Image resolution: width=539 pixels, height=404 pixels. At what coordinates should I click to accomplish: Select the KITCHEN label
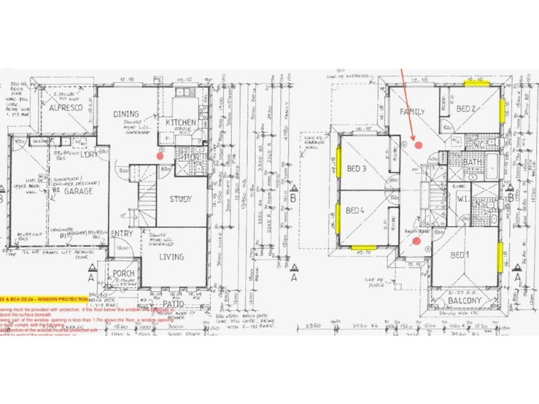point(181,122)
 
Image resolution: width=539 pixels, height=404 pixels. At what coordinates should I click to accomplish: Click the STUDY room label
point(181,199)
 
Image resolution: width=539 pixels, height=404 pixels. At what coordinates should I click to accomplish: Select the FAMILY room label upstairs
point(412,110)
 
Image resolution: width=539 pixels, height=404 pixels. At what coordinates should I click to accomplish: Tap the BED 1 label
point(459,255)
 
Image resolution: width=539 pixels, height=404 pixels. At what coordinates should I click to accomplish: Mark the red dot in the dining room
point(160,156)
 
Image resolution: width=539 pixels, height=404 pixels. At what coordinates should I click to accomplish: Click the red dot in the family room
point(418,144)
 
